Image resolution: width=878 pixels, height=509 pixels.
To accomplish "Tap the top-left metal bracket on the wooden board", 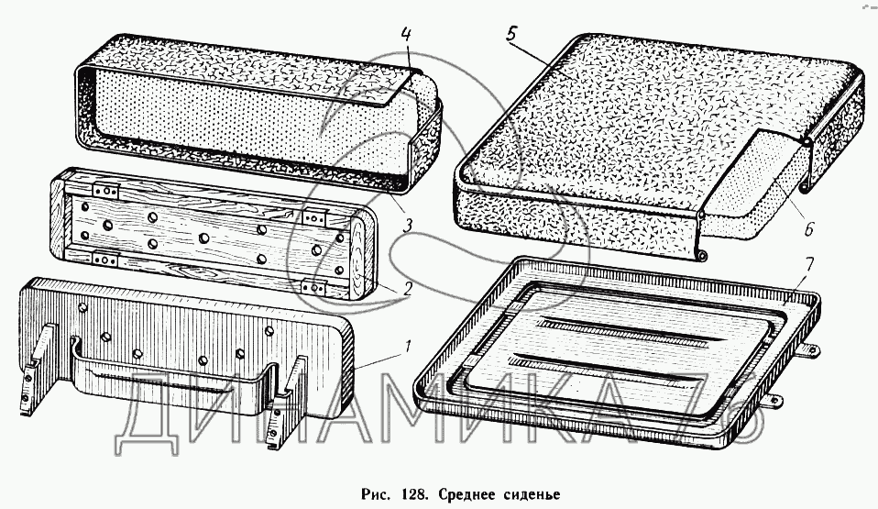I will [108, 193].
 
